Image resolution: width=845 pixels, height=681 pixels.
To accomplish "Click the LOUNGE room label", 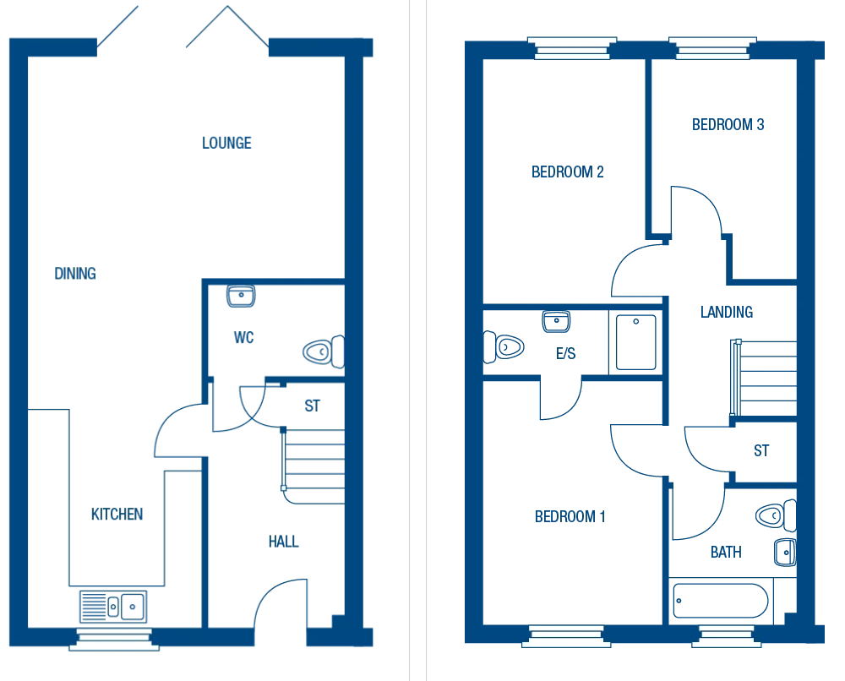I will [x=226, y=144].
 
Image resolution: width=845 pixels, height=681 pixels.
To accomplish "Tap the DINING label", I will [x=75, y=274].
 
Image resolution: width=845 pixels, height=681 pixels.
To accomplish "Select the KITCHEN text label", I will [x=117, y=515].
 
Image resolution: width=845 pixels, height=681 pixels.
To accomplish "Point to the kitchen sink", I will [x=113, y=606].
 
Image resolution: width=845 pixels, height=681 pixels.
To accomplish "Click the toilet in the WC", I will [x=323, y=351].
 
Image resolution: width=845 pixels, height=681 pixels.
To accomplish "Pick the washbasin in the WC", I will [x=241, y=296].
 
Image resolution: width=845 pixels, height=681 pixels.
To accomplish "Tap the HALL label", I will [x=284, y=542].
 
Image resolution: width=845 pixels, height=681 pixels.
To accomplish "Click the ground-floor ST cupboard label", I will [x=312, y=406].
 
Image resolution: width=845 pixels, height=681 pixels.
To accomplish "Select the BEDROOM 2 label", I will [x=567, y=172].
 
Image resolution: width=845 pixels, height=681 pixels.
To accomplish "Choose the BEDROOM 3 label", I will [x=728, y=125].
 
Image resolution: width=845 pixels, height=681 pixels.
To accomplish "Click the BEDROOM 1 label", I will [x=570, y=517].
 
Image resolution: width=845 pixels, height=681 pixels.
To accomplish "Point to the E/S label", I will [x=565, y=354].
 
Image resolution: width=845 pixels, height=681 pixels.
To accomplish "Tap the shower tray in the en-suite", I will [x=635, y=342].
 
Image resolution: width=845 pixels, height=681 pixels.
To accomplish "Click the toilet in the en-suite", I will [x=504, y=346].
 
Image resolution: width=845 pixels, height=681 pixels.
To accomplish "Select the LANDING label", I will [x=726, y=313].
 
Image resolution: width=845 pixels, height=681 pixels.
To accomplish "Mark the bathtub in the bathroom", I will [x=721, y=602].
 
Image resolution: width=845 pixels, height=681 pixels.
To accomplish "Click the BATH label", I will [x=726, y=553].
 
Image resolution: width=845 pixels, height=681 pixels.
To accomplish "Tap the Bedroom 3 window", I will [x=711, y=47].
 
